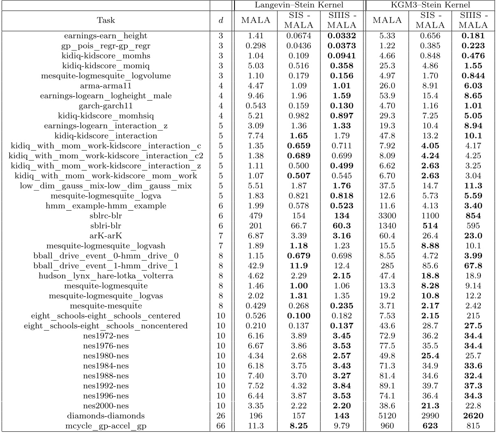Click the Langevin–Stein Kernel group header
[299, 5]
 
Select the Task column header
[106, 20]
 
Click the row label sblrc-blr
[106, 215]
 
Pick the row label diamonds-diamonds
[106, 416]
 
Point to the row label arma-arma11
[106, 86]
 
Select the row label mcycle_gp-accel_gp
[106, 426]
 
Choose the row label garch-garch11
[106, 106]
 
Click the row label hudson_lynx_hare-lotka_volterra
[106, 276]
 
